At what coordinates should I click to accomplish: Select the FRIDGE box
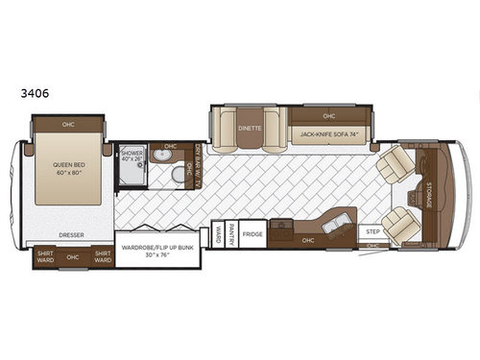[252, 234]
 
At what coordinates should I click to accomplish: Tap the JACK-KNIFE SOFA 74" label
[330, 136]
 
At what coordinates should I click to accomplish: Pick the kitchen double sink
[280, 227]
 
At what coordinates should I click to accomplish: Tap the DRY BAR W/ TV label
[198, 166]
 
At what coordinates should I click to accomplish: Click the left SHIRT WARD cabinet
[45, 256]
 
